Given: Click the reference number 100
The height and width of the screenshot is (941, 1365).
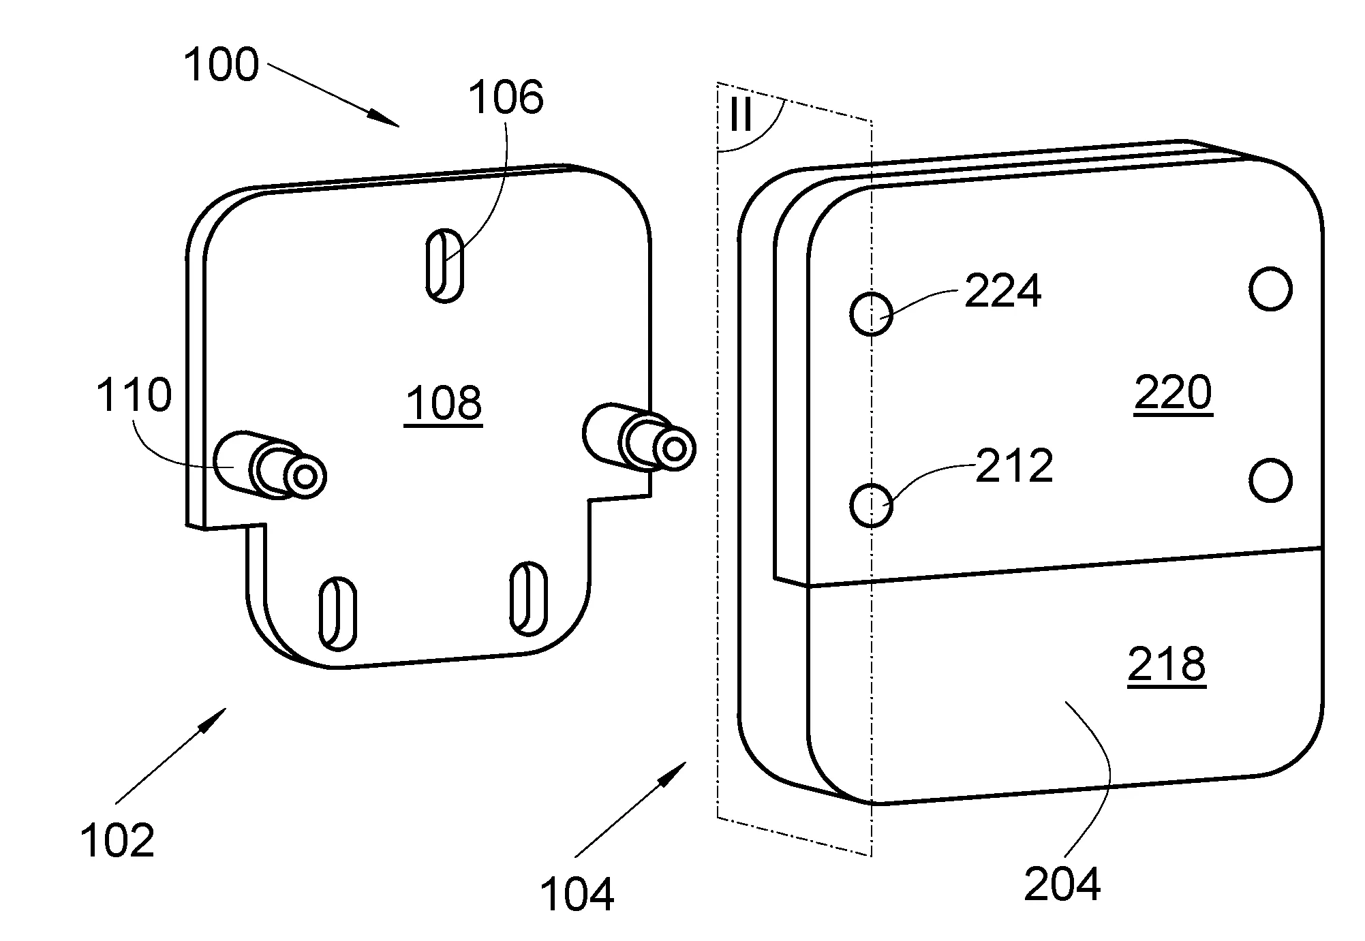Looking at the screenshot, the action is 221,65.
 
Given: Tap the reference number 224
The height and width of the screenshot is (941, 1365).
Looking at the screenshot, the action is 1002,291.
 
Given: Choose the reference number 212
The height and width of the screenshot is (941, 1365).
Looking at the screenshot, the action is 1014,466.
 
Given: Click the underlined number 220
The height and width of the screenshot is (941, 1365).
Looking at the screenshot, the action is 1173,393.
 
